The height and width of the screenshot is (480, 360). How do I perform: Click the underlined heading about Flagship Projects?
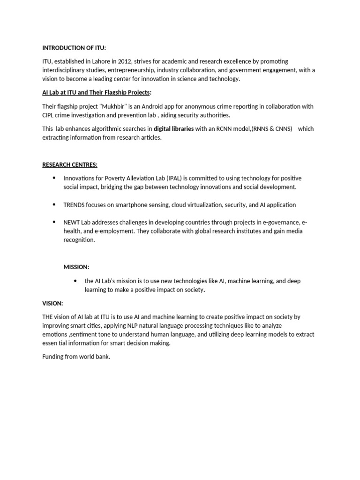[97, 93]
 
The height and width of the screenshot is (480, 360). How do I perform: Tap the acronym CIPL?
[50, 115]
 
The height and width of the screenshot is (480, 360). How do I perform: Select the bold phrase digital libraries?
[173, 129]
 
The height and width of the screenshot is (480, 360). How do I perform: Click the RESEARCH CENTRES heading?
[70, 165]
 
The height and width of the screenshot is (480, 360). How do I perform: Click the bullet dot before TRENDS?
[54, 204]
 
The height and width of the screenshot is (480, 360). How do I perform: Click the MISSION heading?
[76, 267]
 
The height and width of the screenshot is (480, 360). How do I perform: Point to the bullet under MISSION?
[75, 280]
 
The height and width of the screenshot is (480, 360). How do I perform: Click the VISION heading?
[52, 303]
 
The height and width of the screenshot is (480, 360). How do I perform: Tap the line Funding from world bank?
[76, 357]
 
